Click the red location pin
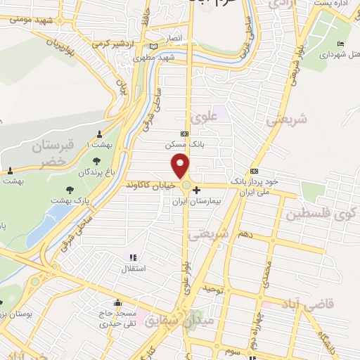click(181, 165)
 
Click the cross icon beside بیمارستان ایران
click(196, 190)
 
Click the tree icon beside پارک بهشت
click(69, 189)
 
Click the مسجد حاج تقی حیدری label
click(113, 319)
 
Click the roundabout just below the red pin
click(187, 186)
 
